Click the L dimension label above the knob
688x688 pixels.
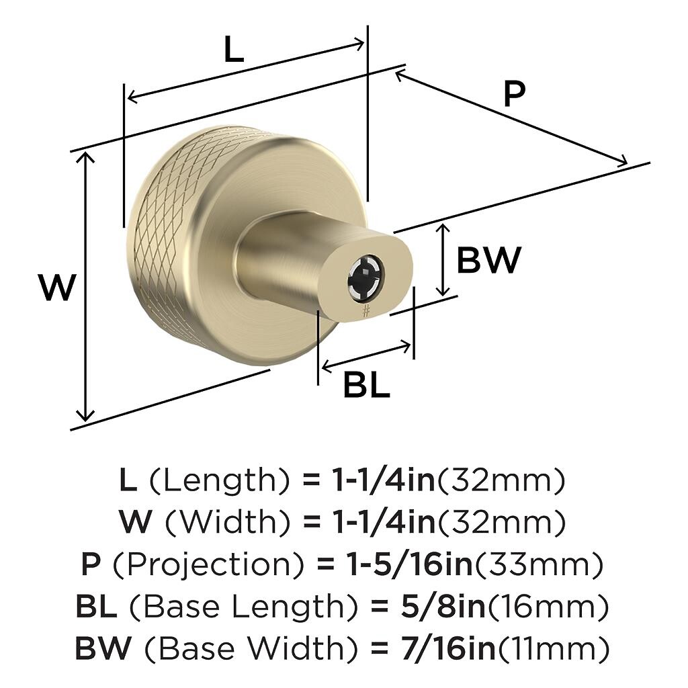coord(233,49)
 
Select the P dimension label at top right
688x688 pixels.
coord(514,94)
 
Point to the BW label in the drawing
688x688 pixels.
coord(489,260)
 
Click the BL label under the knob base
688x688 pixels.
coord(366,385)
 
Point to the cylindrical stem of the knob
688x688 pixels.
coord(281,259)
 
